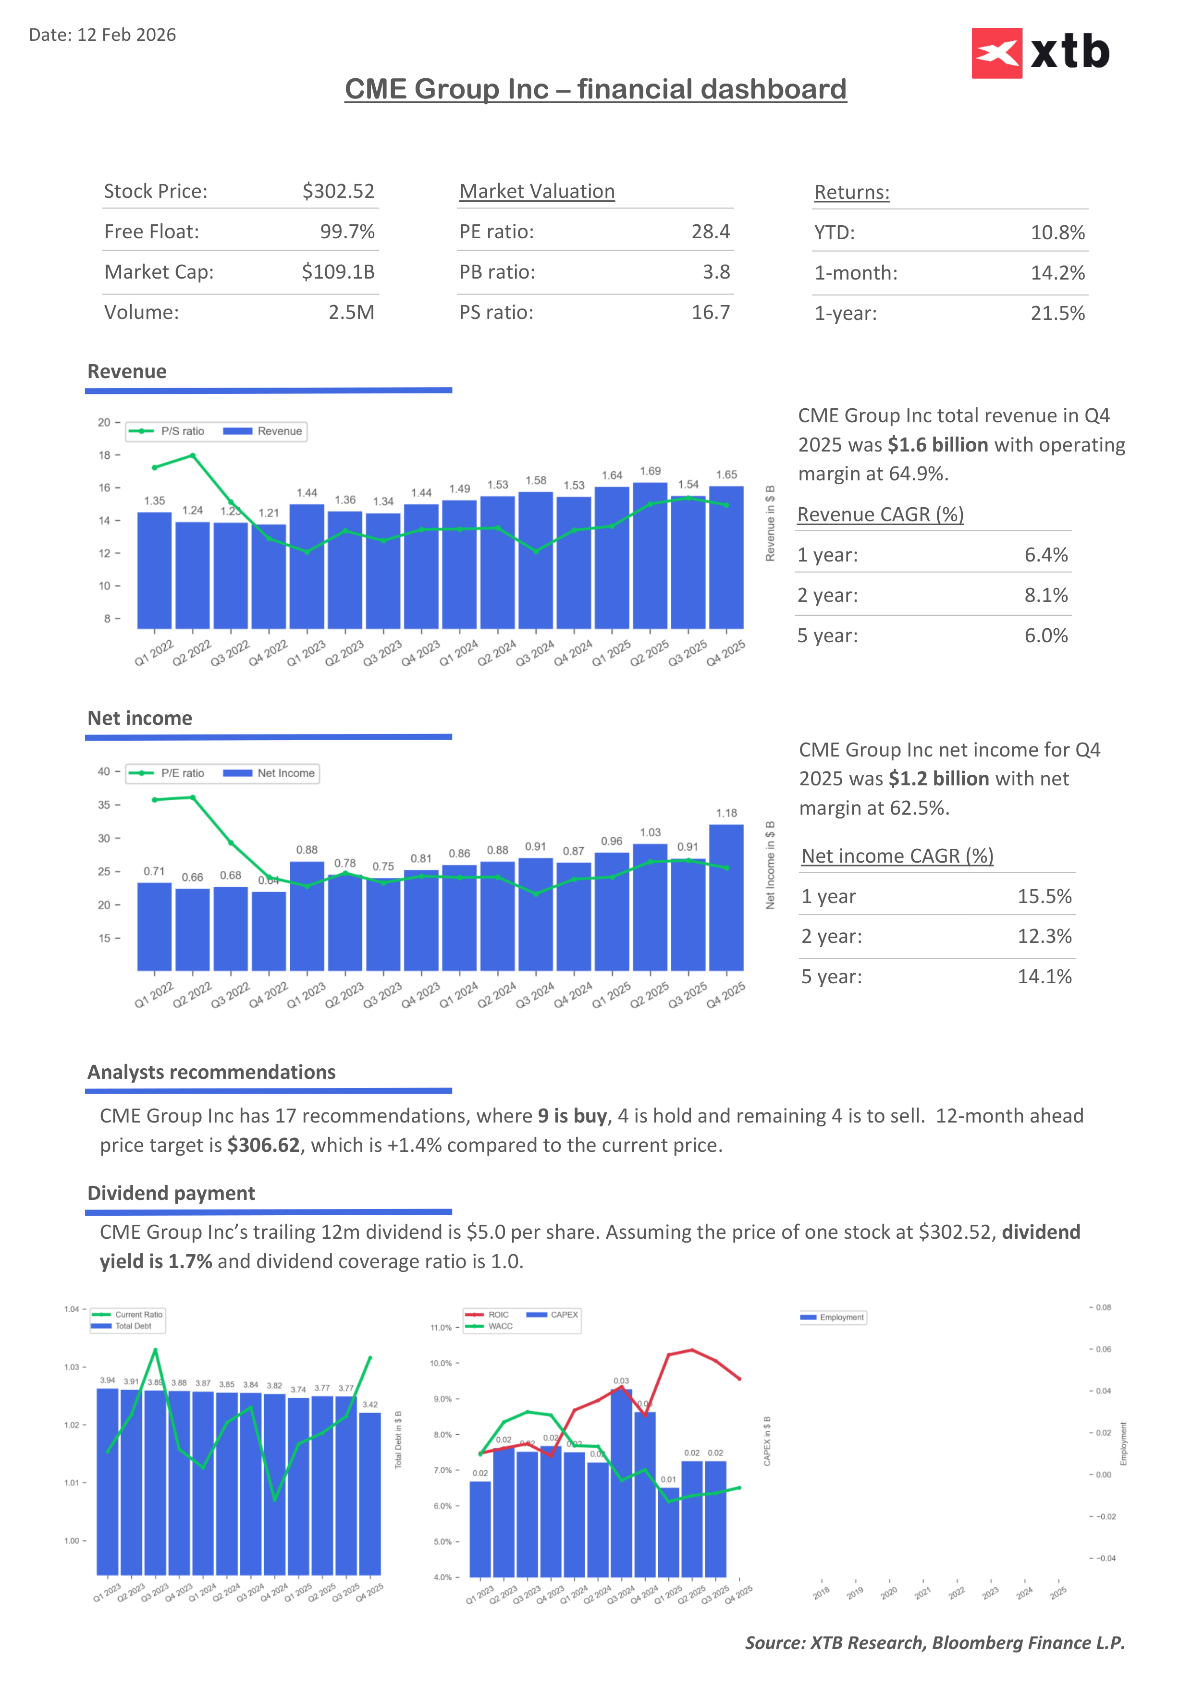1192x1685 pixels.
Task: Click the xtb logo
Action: [1040, 53]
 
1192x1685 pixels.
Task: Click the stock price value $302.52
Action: [338, 192]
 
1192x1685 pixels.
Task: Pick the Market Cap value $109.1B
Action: [338, 272]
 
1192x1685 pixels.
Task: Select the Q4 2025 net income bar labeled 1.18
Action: [726, 897]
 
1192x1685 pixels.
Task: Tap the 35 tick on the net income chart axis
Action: [104, 805]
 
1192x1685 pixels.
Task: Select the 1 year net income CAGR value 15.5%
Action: [1044, 897]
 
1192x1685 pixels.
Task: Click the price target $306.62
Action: [263, 1146]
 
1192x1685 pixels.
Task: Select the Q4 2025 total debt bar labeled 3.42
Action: [370, 1493]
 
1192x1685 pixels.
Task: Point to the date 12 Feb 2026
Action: [126, 35]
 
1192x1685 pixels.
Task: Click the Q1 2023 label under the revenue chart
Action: [306, 653]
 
